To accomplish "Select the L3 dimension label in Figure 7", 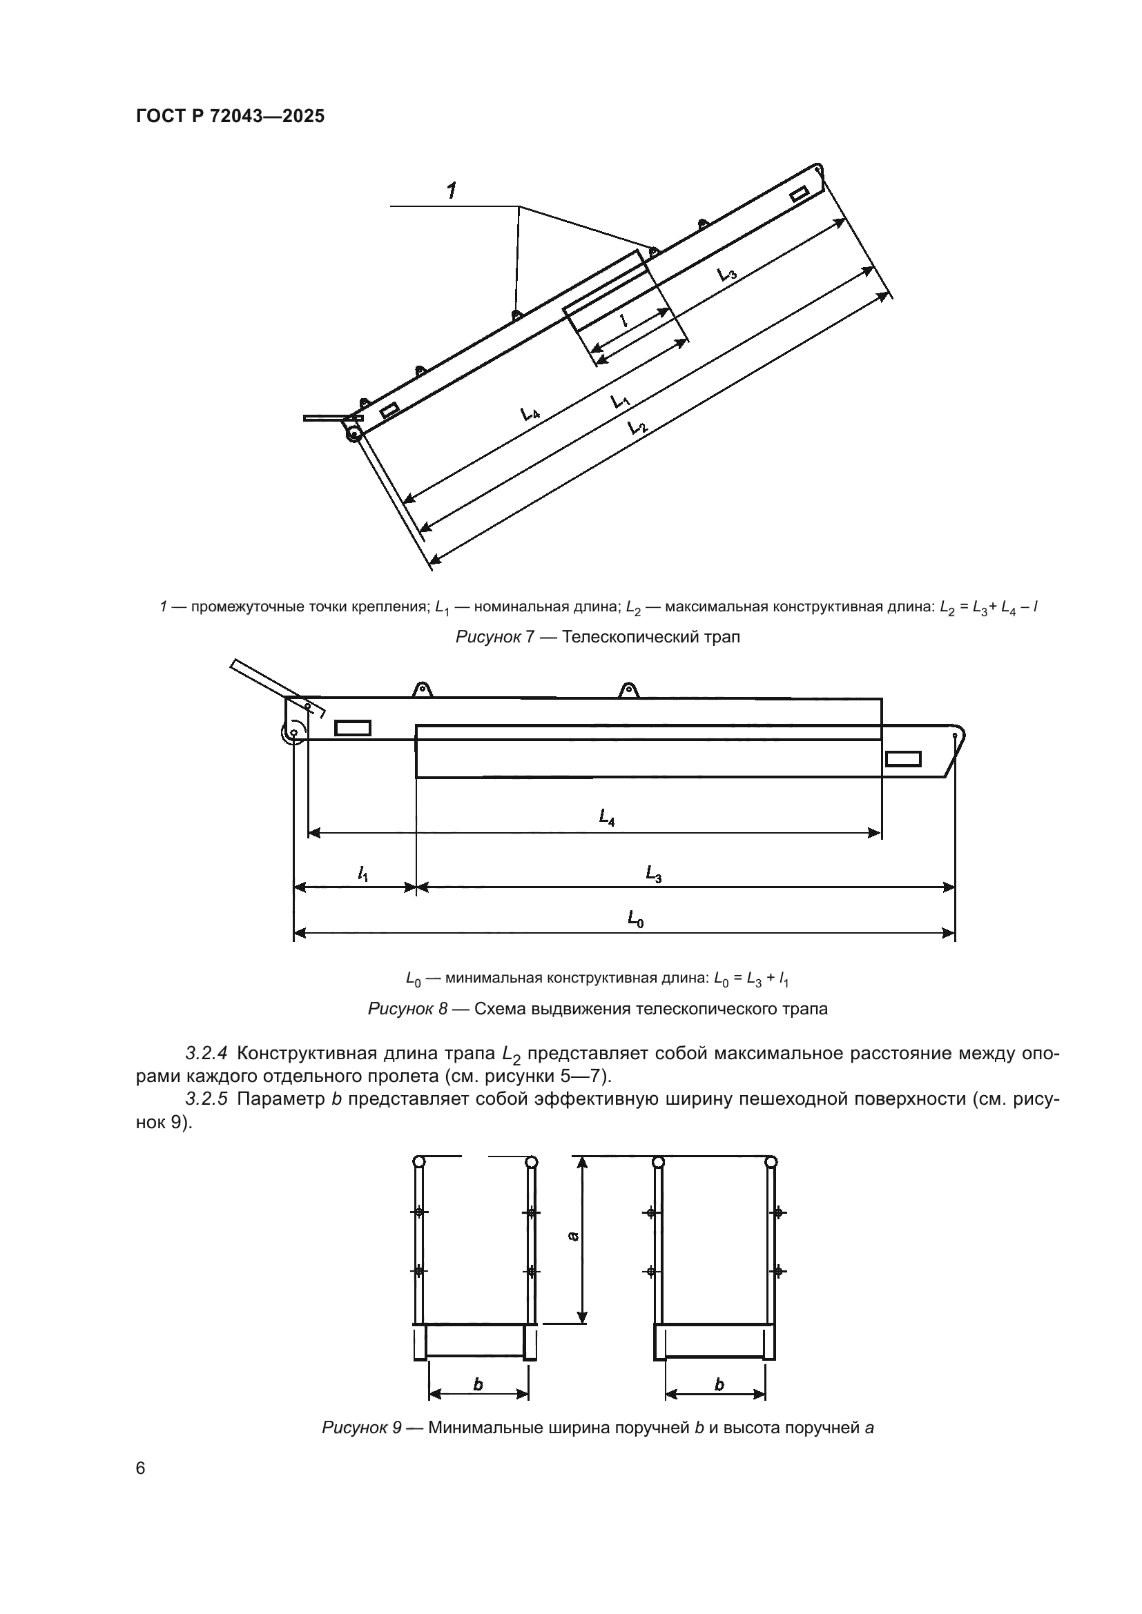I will (x=727, y=273).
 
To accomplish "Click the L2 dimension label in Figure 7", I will (x=637, y=426).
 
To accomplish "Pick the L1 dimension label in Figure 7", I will (x=620, y=402).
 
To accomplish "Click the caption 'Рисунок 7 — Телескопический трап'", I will (x=598, y=637).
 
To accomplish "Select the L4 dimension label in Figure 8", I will (x=607, y=817).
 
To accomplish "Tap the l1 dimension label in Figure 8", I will (x=363, y=874).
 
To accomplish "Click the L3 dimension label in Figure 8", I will (x=654, y=874).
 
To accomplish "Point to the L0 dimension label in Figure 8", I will (x=636, y=918).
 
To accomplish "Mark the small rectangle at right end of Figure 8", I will (x=903, y=758).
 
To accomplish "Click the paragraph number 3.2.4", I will (x=206, y=1053).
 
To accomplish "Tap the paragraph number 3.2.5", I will (x=206, y=1099).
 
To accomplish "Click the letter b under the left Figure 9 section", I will (x=478, y=1384).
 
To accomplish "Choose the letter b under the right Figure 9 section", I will (x=719, y=1384).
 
